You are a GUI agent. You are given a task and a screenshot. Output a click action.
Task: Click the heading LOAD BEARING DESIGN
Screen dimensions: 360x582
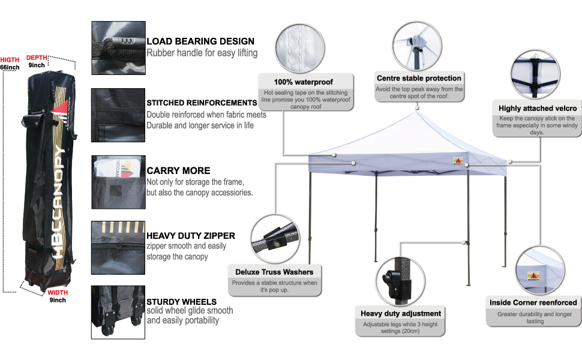click(200, 41)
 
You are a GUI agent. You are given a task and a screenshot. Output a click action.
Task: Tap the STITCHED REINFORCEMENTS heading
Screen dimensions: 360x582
click(202, 103)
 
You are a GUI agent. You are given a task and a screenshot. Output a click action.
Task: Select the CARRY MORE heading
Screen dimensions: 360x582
click(178, 170)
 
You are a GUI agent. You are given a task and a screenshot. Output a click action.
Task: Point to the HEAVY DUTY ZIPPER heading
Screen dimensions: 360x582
click(191, 236)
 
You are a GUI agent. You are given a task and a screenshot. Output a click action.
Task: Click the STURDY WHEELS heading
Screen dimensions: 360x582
click(182, 301)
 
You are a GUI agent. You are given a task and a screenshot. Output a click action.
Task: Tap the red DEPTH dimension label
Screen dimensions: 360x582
click(37, 57)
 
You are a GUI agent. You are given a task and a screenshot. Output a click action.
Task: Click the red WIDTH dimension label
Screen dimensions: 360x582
click(58, 292)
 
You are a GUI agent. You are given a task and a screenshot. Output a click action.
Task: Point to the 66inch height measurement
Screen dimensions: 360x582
click(10, 67)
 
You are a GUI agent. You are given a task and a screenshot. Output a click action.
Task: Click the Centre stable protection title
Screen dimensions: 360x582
click(419, 78)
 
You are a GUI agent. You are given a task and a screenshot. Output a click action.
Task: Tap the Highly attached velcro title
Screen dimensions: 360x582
click(538, 109)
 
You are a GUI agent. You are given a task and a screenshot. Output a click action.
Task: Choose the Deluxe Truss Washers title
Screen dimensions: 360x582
click(274, 272)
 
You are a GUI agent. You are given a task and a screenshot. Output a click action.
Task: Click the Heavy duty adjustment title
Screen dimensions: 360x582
click(401, 313)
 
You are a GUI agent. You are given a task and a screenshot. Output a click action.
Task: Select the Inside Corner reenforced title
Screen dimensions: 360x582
click(533, 302)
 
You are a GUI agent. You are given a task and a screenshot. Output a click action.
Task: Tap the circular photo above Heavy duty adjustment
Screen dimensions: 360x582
click(401, 280)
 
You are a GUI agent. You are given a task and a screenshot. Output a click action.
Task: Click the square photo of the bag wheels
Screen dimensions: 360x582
click(118, 312)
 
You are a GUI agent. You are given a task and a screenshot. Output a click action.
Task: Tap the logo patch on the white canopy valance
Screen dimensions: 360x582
click(458, 161)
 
